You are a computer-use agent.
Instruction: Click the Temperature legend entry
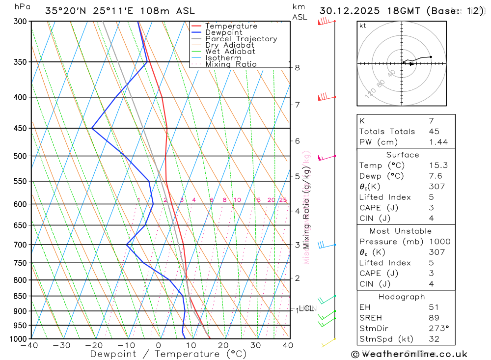coord(231,26)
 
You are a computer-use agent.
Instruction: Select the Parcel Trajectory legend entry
coord(241,39)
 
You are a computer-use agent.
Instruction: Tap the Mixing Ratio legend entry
coord(231,64)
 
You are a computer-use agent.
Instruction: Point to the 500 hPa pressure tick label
coord(20,156)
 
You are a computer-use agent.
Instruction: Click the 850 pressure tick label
coord(20,296)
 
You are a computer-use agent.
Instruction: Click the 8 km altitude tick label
coord(297,67)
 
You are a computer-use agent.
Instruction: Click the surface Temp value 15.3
coord(438,166)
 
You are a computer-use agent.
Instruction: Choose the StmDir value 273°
coord(438,328)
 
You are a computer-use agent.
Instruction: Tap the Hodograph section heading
coord(402,297)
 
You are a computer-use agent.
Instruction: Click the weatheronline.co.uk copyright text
coord(409,354)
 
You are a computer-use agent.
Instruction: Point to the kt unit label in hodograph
coord(362,26)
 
